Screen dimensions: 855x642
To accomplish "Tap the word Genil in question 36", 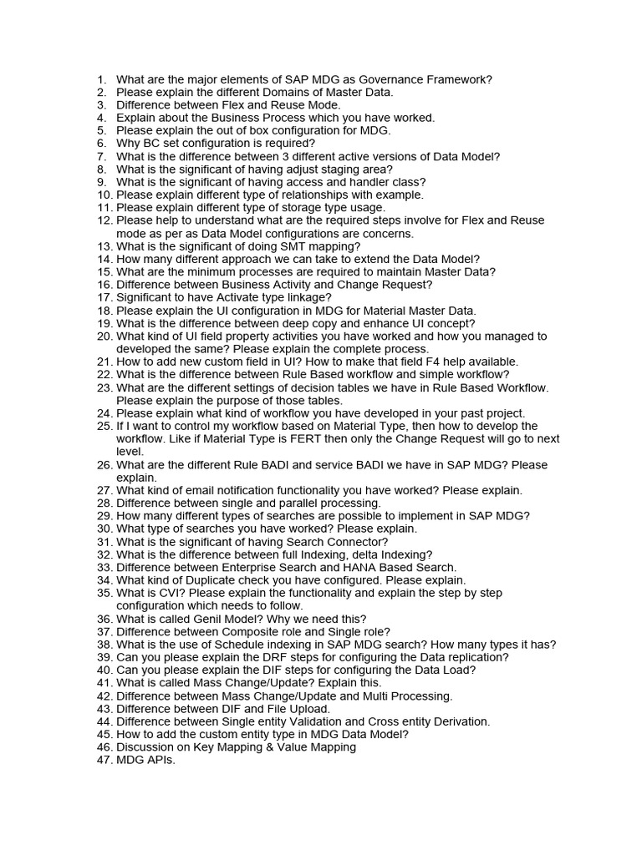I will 201,619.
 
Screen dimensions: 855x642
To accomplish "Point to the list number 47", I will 104,760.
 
